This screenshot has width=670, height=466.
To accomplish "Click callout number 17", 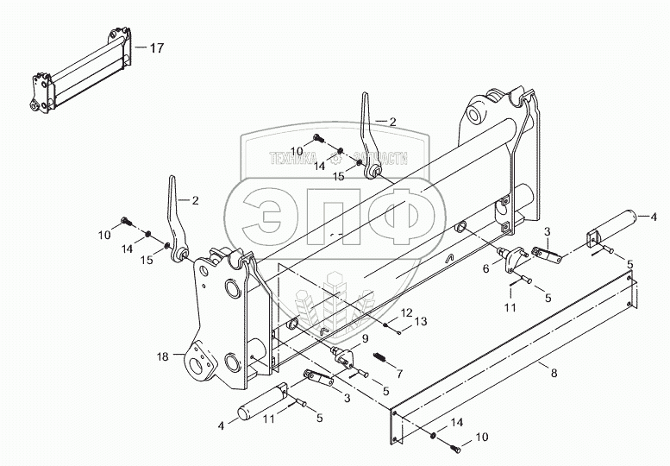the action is coord(156,48).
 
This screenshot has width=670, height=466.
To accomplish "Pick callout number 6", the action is coord(485,268).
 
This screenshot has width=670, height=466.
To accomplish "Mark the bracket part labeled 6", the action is coord(515,257).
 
